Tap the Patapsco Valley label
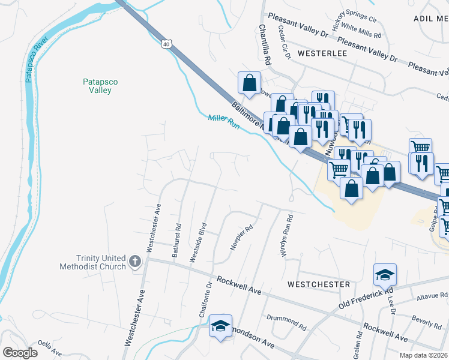pyautogui.click(x=97, y=86)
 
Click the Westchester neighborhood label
pyautogui.click(x=318, y=284)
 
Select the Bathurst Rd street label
pyautogui.click(x=176, y=241)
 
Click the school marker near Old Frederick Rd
pyautogui.click(x=385, y=274)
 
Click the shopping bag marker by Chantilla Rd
pyautogui.click(x=249, y=83)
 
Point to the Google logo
pyautogui.click(x=20, y=353)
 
